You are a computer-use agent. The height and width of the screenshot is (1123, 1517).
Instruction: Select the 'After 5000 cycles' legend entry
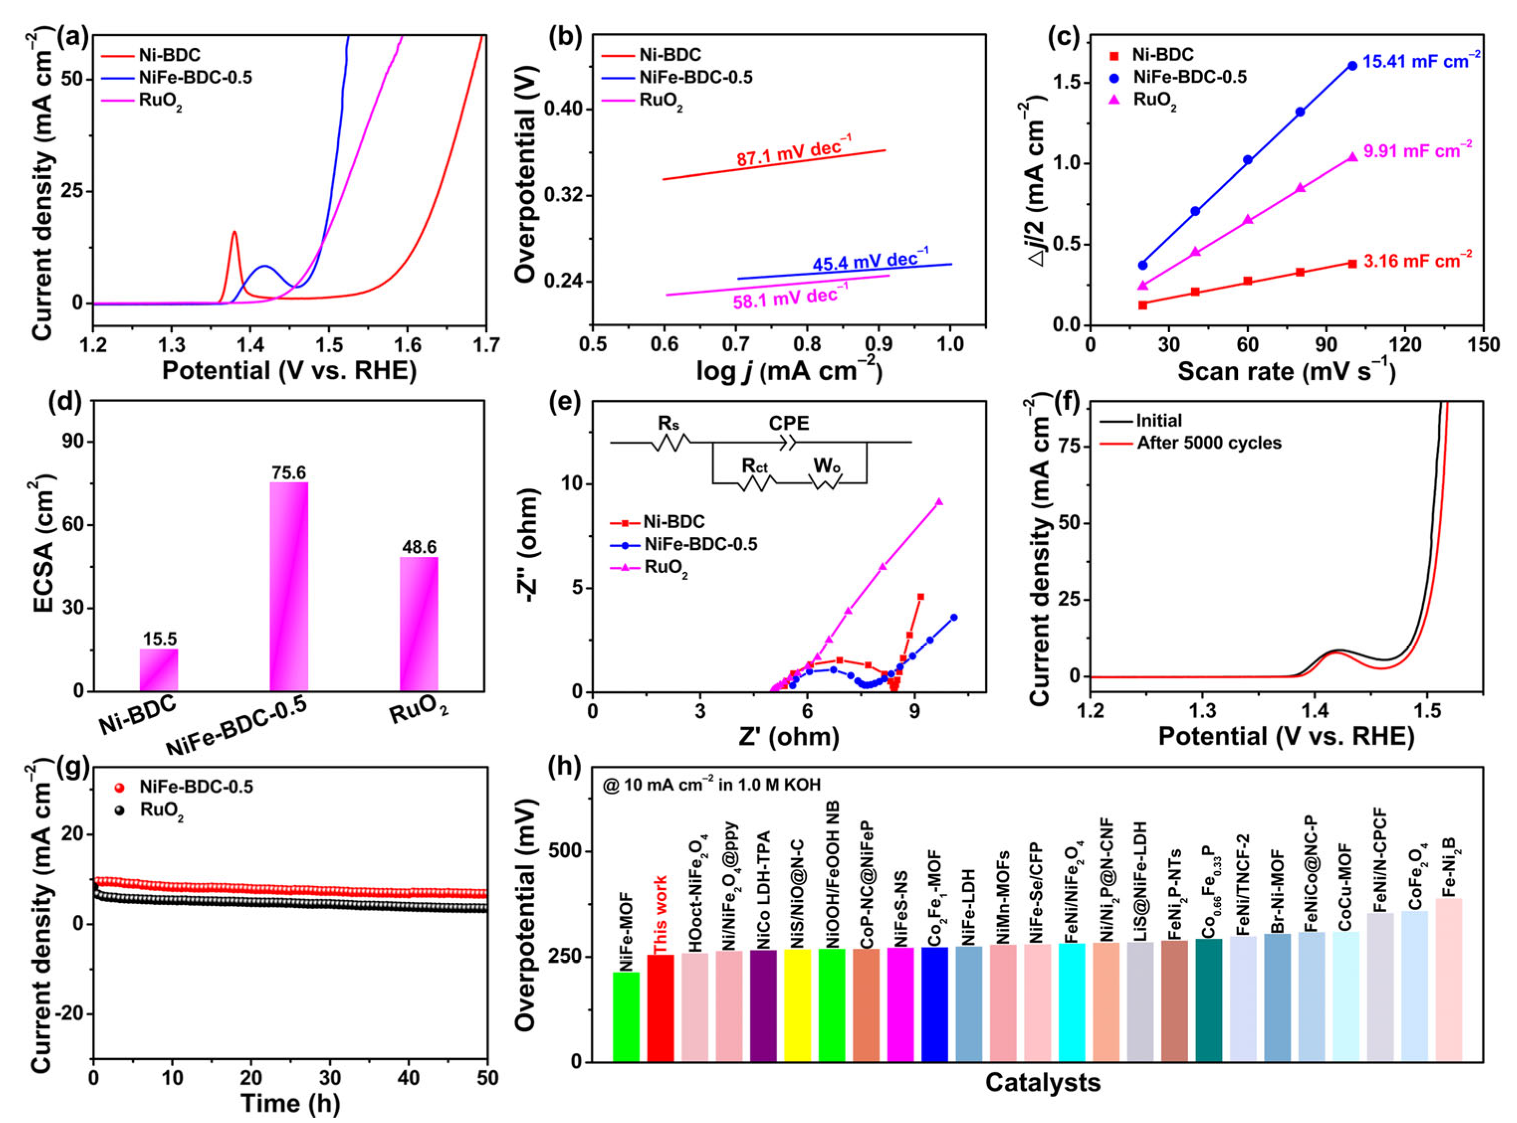tap(1209, 443)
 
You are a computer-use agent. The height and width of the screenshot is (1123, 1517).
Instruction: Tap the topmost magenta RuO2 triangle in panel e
tap(939, 502)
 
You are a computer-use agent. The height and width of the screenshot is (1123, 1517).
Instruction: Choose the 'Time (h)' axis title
tap(290, 1103)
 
